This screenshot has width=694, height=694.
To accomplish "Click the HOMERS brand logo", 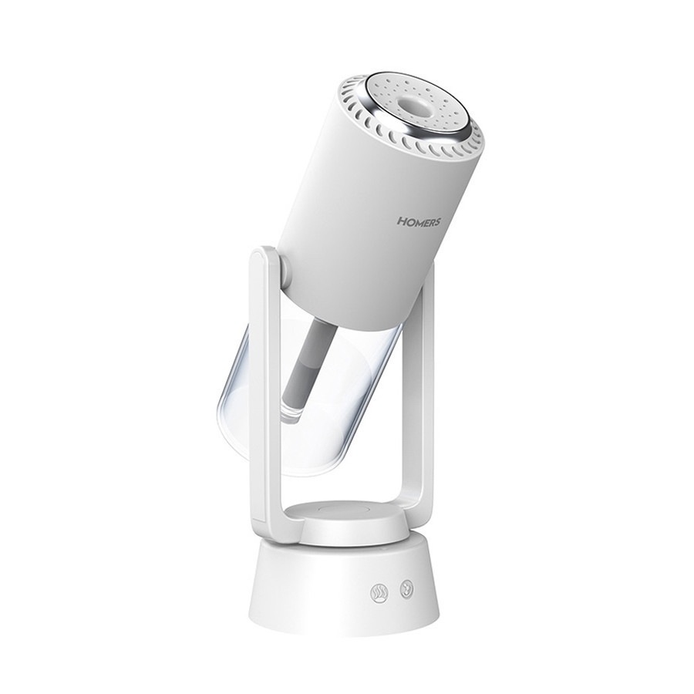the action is (x=418, y=221).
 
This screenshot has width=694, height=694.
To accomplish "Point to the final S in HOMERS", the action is (x=436, y=222).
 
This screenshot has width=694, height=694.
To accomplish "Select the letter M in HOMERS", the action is (x=417, y=221).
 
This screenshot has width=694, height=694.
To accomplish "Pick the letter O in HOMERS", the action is (x=409, y=221).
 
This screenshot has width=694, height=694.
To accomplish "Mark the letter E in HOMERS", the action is (x=426, y=222).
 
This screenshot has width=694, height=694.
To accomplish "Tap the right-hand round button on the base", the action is (x=405, y=589).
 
